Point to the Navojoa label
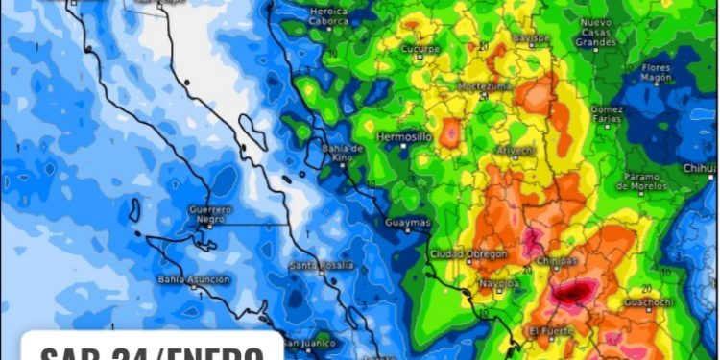tap(500, 284)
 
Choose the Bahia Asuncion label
tap(194, 279)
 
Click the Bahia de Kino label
tap(342, 153)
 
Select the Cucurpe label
tap(420, 48)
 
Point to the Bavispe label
tap(530, 38)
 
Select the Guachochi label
tap(649, 304)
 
